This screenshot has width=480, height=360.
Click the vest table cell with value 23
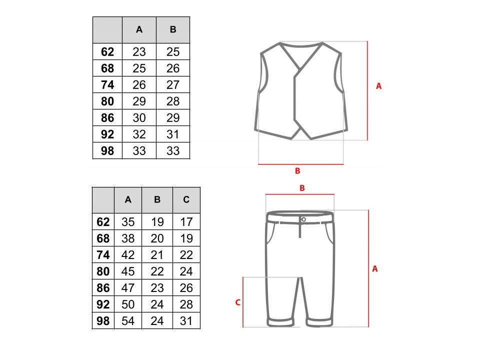coord(139,52)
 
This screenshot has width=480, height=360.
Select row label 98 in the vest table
coord(107,151)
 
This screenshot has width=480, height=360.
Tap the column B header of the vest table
coord(173,29)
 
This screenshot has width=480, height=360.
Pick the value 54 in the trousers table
coord(128,321)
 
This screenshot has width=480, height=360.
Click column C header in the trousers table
coord(186,200)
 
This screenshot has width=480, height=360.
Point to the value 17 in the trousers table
coord(186,222)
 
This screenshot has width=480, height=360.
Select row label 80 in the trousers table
coord(103,271)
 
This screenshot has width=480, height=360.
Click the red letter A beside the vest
coord(378,86)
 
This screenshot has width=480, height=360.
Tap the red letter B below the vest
coord(297,171)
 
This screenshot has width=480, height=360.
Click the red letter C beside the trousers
coord(237,302)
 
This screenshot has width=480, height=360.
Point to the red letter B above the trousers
coord(302,188)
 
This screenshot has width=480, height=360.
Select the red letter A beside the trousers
coord(375,268)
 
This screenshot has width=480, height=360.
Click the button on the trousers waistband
coord(303,219)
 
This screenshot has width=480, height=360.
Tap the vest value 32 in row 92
coord(139,134)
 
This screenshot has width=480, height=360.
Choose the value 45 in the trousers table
coord(128,271)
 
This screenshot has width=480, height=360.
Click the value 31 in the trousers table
coord(186,321)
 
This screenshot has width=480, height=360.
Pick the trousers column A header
coord(128,200)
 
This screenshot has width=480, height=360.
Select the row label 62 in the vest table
coord(107,52)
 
